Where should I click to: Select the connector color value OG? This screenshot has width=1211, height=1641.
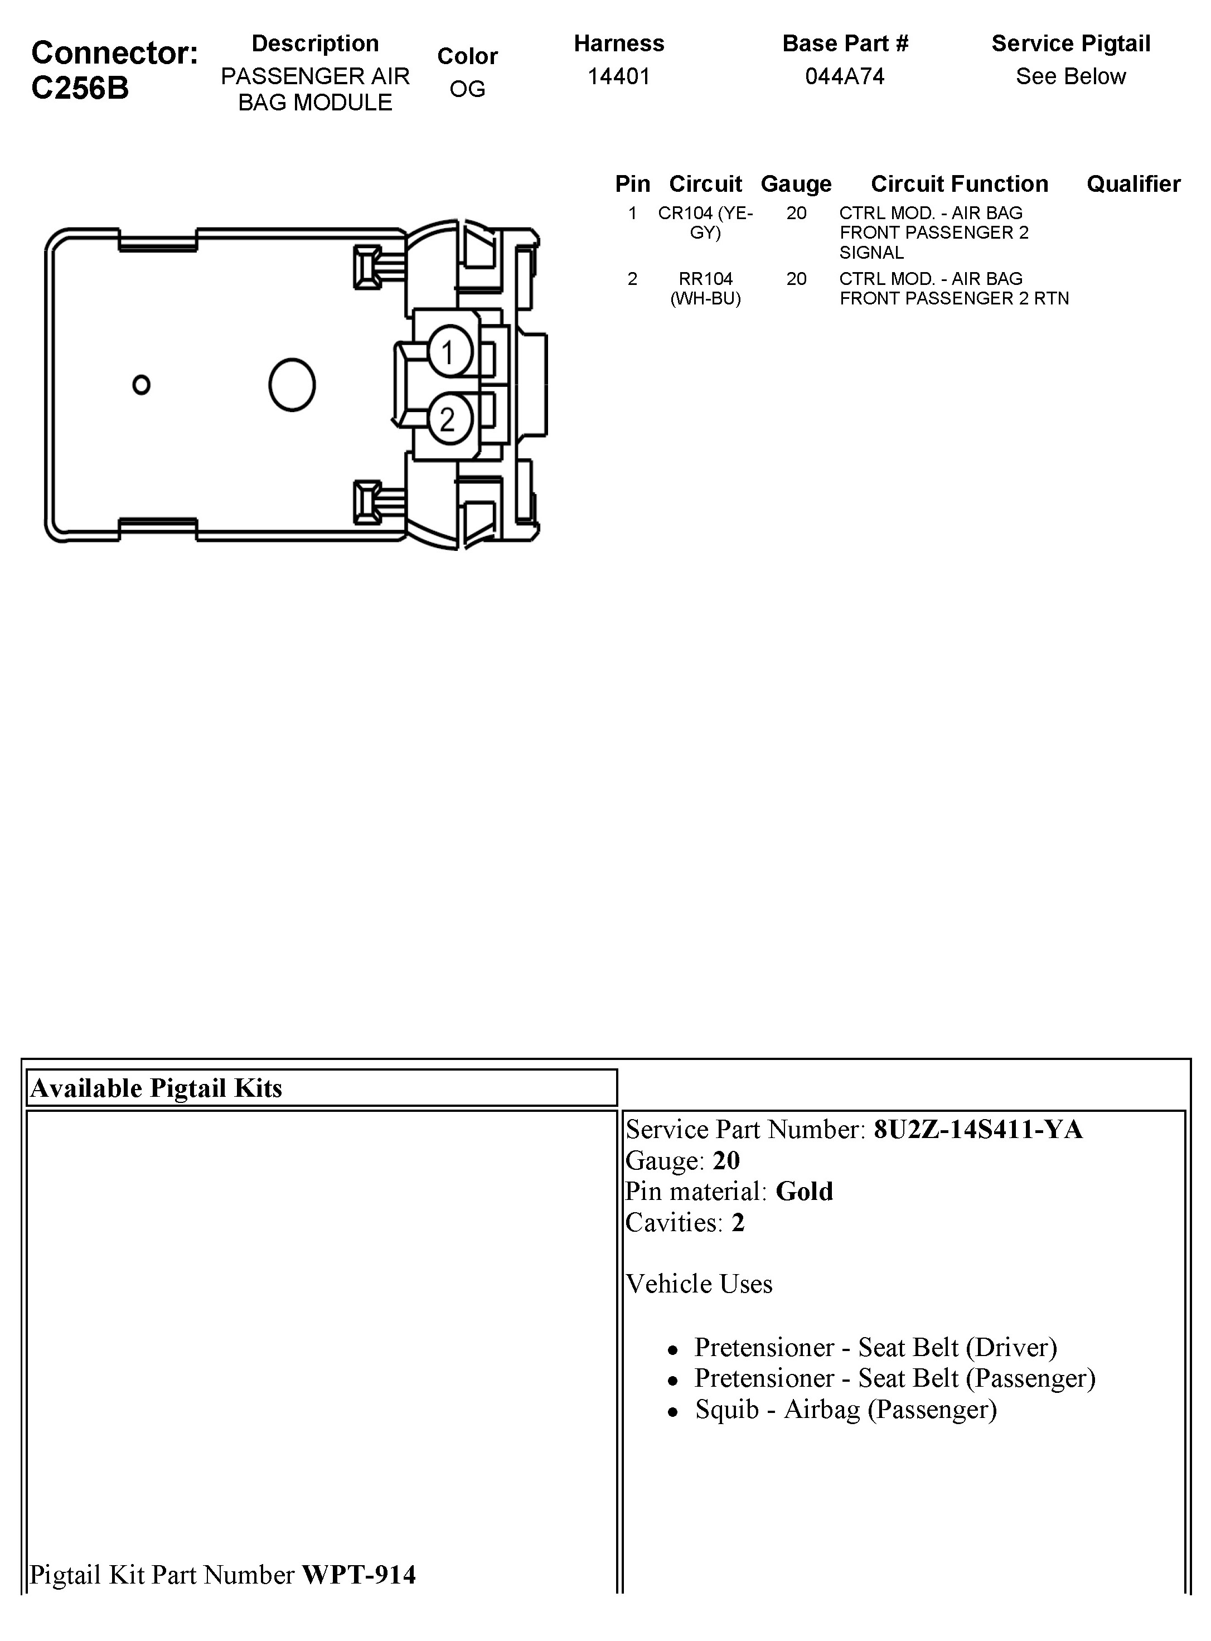pos(467,89)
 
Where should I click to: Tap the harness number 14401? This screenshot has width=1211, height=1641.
pos(619,76)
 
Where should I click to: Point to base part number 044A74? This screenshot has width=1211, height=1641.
pos(845,76)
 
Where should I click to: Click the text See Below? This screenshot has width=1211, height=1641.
pos(1070,76)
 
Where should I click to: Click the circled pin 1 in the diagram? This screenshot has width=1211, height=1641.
pos(449,352)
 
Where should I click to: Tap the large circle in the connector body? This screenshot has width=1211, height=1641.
pos(292,385)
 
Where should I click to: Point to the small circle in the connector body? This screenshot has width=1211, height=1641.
pos(142,385)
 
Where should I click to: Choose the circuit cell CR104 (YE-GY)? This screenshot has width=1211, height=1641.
pos(705,223)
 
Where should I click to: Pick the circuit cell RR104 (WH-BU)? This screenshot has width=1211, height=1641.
pos(705,288)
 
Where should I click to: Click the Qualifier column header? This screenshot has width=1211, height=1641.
pos(1132,183)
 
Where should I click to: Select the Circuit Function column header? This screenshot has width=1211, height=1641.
pos(959,183)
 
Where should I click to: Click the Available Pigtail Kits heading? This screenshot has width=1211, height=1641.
pos(156,1088)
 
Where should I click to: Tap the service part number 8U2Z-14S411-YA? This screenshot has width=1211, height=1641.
pos(978,1130)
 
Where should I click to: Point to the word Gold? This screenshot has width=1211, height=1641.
pos(804,1191)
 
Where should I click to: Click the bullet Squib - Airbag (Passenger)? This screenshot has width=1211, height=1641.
pos(846,1410)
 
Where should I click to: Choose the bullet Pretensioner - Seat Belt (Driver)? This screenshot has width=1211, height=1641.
pos(875,1347)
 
